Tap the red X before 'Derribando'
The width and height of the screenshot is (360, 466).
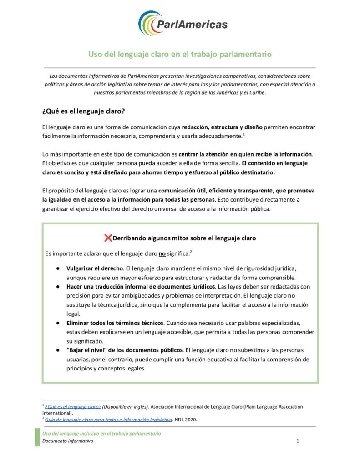point(108,238)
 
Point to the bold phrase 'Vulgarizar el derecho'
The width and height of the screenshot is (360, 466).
point(95,268)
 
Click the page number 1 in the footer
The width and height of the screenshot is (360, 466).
point(297,441)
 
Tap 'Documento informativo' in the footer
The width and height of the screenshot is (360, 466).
point(68,441)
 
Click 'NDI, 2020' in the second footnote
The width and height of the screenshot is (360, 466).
point(188,419)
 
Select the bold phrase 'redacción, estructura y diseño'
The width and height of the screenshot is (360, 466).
point(222,127)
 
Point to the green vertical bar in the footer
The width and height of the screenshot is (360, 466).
point(37,437)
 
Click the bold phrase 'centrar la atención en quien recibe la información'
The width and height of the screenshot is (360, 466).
point(246,154)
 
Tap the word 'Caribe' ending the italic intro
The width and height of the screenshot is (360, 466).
point(256,92)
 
